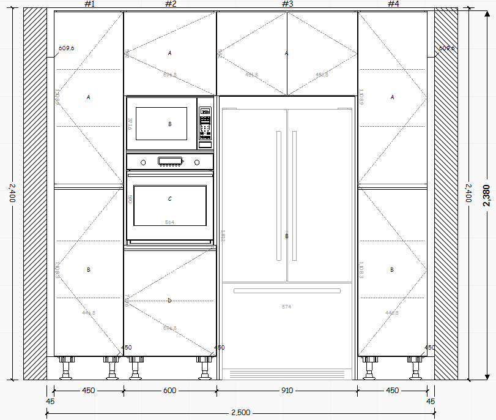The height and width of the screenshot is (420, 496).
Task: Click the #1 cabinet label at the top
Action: click(x=89, y=4)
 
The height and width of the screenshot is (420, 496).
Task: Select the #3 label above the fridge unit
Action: click(x=287, y=4)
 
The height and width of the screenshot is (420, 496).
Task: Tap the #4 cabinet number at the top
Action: click(x=393, y=4)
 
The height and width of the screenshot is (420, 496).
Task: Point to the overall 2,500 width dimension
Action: click(x=240, y=413)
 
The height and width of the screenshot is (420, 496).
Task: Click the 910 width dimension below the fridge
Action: click(x=287, y=391)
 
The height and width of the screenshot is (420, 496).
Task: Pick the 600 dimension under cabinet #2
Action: click(x=170, y=391)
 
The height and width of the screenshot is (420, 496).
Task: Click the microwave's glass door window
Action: click(x=161, y=124)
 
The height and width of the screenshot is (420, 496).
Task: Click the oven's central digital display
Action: click(x=170, y=162)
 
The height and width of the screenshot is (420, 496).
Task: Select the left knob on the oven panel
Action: click(x=143, y=162)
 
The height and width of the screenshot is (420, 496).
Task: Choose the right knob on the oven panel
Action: click(x=197, y=162)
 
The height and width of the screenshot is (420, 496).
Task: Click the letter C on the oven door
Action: click(x=170, y=199)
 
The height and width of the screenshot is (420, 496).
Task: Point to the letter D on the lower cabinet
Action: click(x=170, y=300)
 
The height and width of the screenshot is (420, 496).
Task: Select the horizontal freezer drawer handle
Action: click(x=287, y=291)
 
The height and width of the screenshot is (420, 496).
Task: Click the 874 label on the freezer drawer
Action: click(x=287, y=306)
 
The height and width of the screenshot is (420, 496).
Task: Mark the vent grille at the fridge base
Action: click(x=287, y=373)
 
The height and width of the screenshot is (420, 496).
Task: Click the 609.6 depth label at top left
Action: click(x=66, y=48)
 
